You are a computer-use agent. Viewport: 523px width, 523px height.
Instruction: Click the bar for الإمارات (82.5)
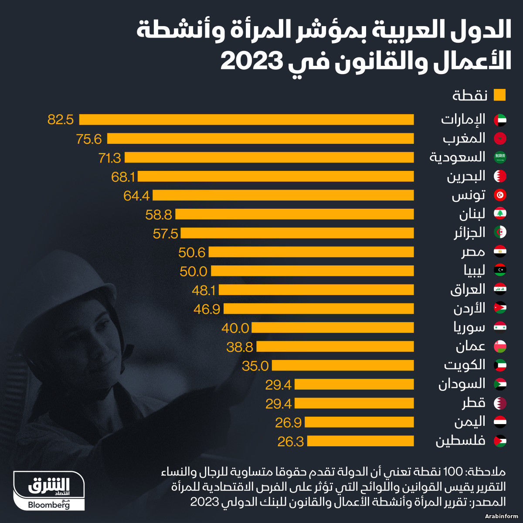point(246,119)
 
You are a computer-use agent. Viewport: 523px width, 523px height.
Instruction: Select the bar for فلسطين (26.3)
point(360,441)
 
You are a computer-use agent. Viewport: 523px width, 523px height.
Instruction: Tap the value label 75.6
point(89,139)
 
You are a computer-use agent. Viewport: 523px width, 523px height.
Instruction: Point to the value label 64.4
point(136,196)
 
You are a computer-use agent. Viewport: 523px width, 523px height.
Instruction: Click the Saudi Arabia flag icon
point(500,157)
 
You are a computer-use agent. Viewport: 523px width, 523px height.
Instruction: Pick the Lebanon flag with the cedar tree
point(500,214)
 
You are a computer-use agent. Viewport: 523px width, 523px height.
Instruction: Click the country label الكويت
point(465,365)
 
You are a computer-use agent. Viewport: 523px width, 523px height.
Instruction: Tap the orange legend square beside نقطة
point(499,95)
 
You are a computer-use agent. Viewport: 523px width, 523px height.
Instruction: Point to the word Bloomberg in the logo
point(48,505)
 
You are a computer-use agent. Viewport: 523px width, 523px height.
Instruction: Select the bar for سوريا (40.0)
point(333,328)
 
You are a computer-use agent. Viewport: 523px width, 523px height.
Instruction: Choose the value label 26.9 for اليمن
point(289,422)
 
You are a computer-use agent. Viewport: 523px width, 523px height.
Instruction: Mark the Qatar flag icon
point(500,403)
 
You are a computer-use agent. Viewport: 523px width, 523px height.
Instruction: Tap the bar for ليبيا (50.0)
point(312,271)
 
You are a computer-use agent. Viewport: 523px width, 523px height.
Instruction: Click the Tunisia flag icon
point(500,195)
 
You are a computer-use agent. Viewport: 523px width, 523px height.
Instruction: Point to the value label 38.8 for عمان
point(240,347)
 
